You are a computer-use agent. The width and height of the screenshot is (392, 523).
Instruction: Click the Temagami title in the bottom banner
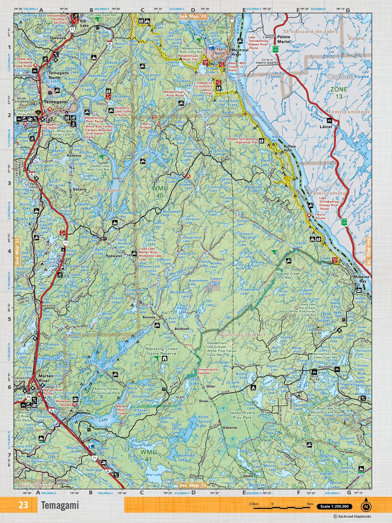(x=60, y=505)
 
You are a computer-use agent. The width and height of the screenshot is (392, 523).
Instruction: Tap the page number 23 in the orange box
(x=23, y=505)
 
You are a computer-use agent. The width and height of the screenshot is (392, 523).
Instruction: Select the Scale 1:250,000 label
(x=334, y=507)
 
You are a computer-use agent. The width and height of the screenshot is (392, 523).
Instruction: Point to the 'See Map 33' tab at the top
(x=193, y=16)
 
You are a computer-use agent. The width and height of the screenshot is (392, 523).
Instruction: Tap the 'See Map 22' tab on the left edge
(x=17, y=252)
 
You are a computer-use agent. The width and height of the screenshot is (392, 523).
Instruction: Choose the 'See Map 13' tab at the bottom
(x=193, y=485)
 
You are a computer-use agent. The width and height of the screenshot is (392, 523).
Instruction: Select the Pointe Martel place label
(x=283, y=39)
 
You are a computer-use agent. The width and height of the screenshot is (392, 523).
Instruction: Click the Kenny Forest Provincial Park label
(x=106, y=391)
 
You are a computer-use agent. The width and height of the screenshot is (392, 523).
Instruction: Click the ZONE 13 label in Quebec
(x=338, y=93)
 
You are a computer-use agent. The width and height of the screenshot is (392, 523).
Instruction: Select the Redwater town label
(x=114, y=256)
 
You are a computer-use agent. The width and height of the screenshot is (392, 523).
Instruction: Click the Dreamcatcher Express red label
(x=208, y=371)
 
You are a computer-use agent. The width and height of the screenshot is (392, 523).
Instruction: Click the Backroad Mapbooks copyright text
(x=352, y=516)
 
